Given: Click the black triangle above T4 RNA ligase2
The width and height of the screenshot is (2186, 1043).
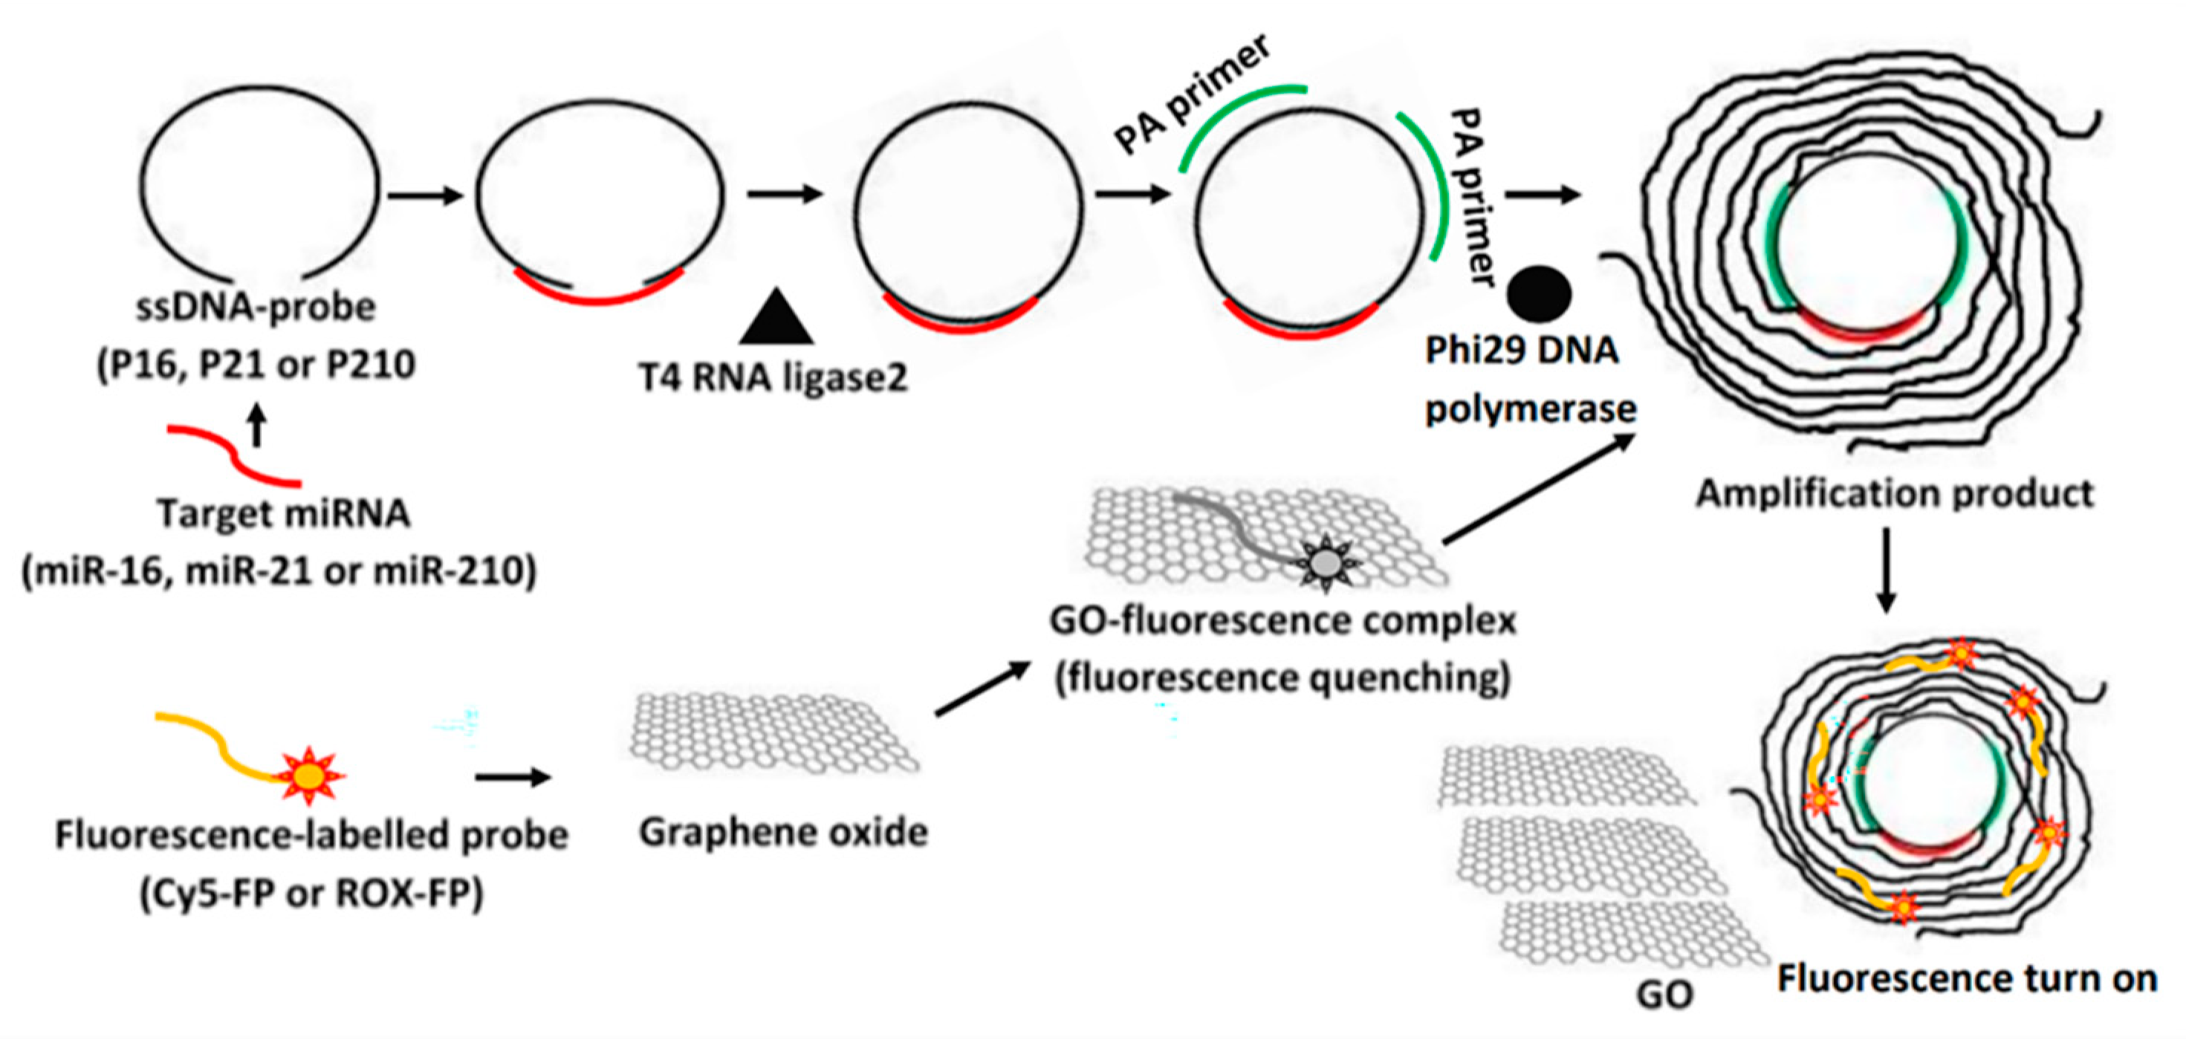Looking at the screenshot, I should pos(776,319).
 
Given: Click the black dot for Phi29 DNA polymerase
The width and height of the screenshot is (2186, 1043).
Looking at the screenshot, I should pos(1539,294).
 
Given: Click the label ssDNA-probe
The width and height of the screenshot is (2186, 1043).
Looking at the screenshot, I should pos(256,308).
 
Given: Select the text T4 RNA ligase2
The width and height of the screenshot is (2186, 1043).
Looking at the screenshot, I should pos(772,377).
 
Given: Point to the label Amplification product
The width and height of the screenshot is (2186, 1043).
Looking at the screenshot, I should pos(1894,494).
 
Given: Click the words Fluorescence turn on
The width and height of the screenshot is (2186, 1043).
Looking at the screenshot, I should pos(1967,978).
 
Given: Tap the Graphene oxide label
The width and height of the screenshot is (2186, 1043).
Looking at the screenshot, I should pos(783,833).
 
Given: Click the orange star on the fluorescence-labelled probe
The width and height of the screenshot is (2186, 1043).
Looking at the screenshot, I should pos(309,775).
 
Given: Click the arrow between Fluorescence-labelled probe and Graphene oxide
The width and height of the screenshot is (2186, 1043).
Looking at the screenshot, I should pos(513,776).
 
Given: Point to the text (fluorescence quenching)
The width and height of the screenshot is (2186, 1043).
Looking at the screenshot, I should pos(1282,679).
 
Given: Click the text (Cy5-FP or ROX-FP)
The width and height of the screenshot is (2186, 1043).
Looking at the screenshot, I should pos(311,893).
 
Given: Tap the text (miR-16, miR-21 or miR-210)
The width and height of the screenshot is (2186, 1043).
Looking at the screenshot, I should pos(279,571).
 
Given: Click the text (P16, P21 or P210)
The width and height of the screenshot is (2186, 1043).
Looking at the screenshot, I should pos(256,365).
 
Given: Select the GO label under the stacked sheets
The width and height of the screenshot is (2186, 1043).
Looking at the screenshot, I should pos(1664,994).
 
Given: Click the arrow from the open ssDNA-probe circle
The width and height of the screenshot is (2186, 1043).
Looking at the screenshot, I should pos(425,197).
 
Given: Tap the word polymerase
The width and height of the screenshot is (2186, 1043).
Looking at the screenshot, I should pos(1530,410).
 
